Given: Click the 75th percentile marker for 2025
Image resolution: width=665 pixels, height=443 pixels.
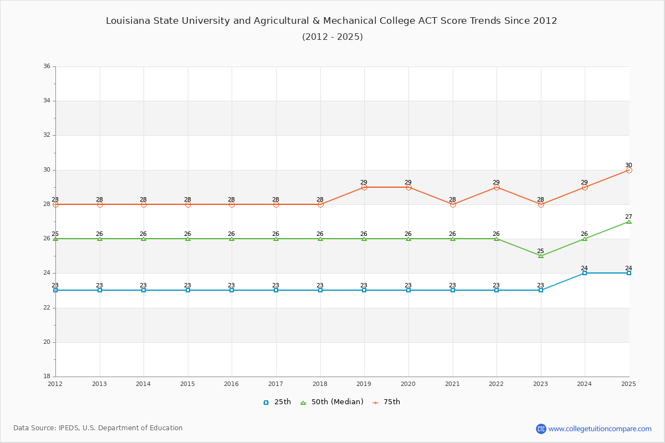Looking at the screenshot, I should [x=629, y=170].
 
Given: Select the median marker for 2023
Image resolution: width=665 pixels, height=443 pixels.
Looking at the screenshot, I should [x=541, y=256].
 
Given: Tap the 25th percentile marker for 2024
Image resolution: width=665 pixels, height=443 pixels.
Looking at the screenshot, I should [x=585, y=273].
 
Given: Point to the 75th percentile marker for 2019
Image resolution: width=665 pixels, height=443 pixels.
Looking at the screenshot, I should [x=364, y=187].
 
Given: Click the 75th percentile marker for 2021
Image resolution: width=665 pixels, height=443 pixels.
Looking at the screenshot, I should [x=453, y=204].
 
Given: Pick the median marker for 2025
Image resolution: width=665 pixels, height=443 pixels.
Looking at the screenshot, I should [x=629, y=221].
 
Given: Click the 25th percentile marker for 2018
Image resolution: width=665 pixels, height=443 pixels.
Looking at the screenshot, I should [x=320, y=290].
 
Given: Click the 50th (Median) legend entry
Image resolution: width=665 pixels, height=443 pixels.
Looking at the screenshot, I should [x=332, y=402].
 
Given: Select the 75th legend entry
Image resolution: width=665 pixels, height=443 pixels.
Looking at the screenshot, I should [x=386, y=402].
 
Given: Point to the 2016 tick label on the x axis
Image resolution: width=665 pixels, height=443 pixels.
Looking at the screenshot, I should [x=232, y=384].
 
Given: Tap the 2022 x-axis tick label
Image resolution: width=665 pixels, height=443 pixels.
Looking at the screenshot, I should [x=497, y=384].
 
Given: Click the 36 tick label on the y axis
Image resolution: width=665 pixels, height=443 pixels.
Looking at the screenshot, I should [x=47, y=66].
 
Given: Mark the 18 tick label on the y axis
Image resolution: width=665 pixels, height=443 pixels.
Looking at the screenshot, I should [x=47, y=377].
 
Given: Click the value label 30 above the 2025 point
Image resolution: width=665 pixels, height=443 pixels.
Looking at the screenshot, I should [x=628, y=165].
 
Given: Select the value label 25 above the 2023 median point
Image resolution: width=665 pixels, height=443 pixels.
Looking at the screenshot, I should [x=540, y=251].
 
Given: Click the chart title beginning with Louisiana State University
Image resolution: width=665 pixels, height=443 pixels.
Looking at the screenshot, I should [x=331, y=21].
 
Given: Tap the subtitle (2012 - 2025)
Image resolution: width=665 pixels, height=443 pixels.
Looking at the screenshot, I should [x=332, y=37].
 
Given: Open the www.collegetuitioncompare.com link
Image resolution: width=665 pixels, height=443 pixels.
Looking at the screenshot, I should [x=600, y=429].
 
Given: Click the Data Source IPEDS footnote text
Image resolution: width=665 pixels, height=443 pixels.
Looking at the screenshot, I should [x=98, y=428].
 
